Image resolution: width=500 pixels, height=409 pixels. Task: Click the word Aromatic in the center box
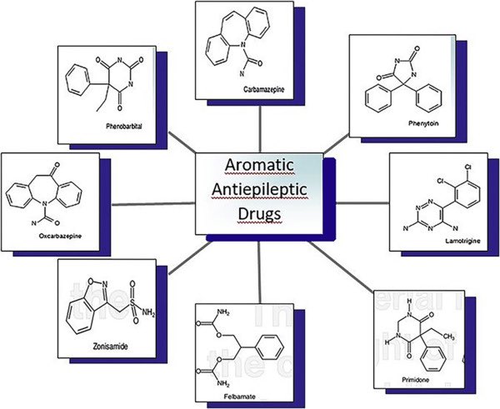259,167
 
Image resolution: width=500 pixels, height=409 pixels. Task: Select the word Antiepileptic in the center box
259,191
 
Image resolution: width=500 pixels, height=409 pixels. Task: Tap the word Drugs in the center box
259,215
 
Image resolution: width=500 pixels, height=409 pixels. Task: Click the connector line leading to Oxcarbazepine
153,204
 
